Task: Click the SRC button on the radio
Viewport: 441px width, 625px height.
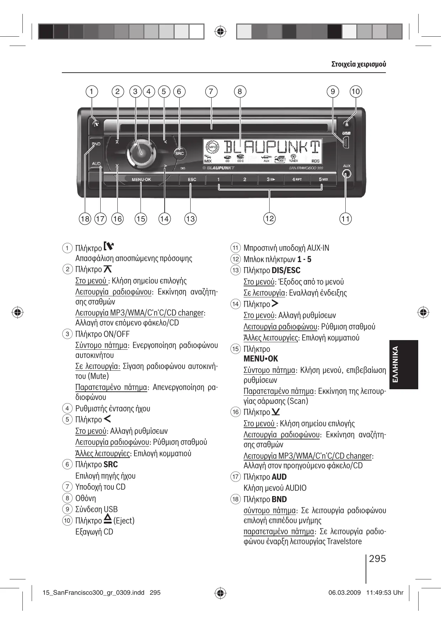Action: (179, 153)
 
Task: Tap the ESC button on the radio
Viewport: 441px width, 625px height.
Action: (192, 179)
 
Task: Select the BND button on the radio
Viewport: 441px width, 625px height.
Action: (96, 144)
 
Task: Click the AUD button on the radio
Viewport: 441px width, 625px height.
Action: (96, 164)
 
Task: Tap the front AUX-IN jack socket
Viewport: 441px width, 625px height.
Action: (346, 174)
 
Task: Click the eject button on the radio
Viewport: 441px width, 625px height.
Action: (347, 124)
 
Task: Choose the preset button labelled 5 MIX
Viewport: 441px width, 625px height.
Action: (323, 179)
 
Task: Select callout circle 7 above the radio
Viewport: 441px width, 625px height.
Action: (211, 92)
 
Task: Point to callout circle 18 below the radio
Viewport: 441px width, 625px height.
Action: (85, 218)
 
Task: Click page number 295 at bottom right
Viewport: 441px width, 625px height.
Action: (377, 558)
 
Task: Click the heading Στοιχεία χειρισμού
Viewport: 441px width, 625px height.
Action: (358, 64)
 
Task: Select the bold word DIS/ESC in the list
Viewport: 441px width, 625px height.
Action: (286, 270)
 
